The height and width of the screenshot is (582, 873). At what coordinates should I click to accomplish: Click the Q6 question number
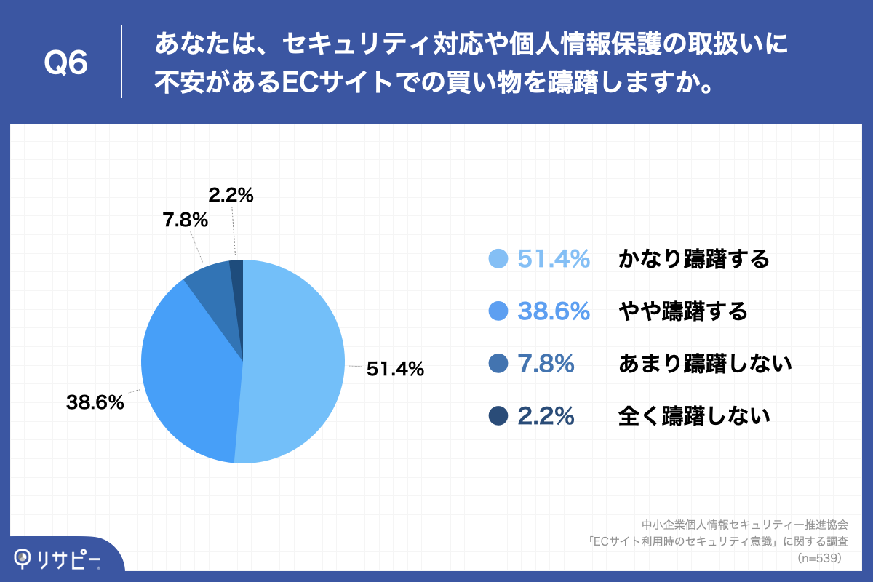point(66,64)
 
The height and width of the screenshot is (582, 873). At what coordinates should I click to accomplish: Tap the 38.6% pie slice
point(189,371)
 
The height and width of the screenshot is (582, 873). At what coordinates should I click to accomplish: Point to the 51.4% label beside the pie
point(395,370)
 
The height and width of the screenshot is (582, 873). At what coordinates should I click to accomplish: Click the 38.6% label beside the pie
point(95,402)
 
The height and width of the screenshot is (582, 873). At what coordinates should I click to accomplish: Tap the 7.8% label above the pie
point(185,220)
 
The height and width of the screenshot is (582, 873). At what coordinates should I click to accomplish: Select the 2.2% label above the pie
point(231,195)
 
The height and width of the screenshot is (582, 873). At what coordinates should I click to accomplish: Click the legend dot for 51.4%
point(498,259)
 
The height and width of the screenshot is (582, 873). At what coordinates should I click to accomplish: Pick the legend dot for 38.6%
point(498,311)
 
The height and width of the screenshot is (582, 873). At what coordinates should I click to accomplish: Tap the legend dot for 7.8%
point(498,364)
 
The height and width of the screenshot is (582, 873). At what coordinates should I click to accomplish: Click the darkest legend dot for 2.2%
point(498,416)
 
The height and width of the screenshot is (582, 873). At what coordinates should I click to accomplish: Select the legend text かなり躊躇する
point(693,259)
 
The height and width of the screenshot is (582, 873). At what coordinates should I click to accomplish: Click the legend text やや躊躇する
point(682,311)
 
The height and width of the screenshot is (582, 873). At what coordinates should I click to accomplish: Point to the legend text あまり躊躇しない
point(704,364)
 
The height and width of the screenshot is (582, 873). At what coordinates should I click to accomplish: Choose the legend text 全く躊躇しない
point(693,416)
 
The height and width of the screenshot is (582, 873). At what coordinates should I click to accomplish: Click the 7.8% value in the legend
point(546,364)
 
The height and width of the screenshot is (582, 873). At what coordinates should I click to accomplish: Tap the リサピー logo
point(58,558)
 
